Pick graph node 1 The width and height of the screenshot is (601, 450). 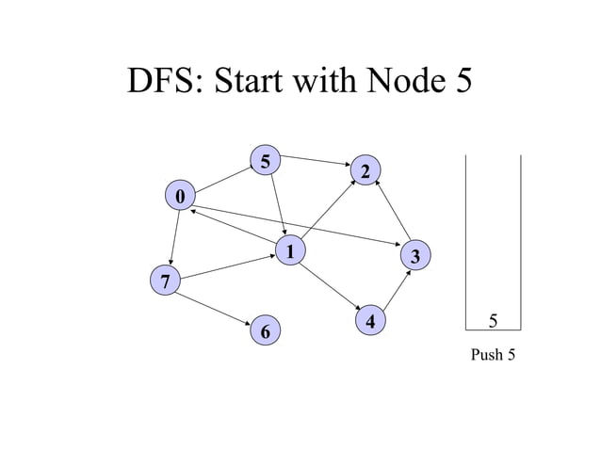[x=291, y=251]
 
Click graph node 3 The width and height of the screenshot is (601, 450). [x=415, y=256]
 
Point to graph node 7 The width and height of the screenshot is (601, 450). [x=165, y=281]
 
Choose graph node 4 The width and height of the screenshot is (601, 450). [x=371, y=321]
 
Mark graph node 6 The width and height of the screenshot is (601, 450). [x=266, y=331]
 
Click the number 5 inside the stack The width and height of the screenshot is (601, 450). [x=493, y=321]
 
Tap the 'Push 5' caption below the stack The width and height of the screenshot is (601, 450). [x=493, y=355]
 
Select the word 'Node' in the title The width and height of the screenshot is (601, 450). [x=394, y=83]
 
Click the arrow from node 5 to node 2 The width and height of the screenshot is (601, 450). [x=316, y=160]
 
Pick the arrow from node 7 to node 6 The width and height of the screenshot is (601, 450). [x=215, y=306]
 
